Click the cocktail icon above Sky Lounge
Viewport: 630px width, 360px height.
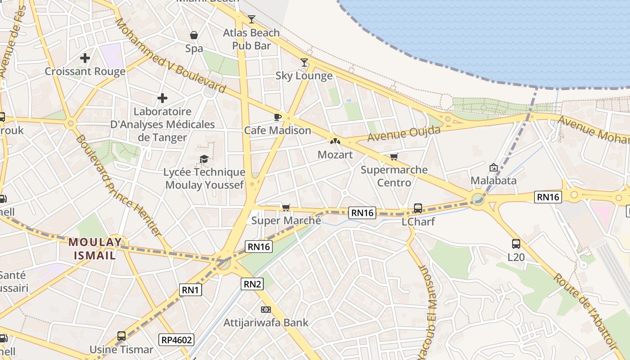(305, 63)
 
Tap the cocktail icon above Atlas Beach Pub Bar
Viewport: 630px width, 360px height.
(252, 19)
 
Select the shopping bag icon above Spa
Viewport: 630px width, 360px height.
(194, 35)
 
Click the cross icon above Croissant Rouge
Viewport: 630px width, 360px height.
(85, 58)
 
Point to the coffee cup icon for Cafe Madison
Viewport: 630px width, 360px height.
(278, 117)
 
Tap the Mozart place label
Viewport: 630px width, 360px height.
(335, 155)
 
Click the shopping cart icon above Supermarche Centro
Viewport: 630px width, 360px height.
(394, 157)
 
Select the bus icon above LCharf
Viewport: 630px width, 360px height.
(418, 208)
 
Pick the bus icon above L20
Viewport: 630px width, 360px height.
(516, 244)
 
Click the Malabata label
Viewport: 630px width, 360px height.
(493, 180)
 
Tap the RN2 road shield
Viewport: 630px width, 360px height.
(252, 284)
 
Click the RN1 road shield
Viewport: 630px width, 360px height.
(190, 290)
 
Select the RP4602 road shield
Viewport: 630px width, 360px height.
(176, 339)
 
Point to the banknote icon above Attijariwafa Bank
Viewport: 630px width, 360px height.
(266, 310)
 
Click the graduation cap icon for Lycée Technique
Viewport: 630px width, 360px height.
(204, 159)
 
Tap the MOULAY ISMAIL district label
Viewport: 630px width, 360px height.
(95, 249)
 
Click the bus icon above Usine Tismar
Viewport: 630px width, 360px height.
(121, 336)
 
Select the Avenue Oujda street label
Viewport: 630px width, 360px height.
(404, 134)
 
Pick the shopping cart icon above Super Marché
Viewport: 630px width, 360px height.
(286, 207)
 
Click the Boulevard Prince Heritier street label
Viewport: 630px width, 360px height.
(118, 185)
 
